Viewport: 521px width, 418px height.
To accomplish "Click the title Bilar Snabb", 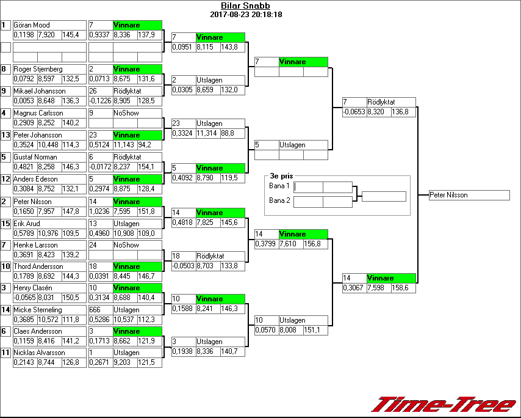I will (x=245, y=6).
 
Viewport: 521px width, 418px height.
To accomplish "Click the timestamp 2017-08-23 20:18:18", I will (x=245, y=15).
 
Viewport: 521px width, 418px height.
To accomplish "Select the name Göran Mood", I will (x=32, y=25).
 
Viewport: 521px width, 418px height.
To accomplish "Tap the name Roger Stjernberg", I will (x=38, y=69).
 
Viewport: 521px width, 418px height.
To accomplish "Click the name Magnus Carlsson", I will (x=38, y=113).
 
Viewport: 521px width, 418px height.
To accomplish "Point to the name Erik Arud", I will (x=27, y=224).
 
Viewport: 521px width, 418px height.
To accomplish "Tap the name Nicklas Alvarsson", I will (x=40, y=353).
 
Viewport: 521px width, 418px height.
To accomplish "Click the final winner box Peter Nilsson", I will (x=469, y=195).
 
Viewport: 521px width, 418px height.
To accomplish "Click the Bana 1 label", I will (x=279, y=186).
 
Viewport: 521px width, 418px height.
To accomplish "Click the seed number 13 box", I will (x=6, y=135).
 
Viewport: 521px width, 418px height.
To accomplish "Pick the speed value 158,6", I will (x=404, y=288).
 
